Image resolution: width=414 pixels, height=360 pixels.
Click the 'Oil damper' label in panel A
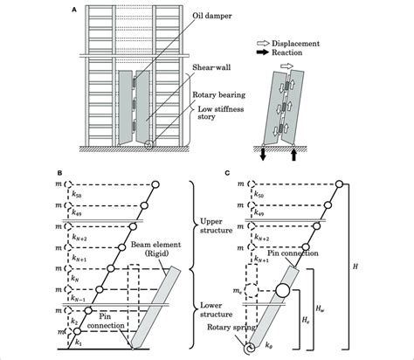pos(214,15)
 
